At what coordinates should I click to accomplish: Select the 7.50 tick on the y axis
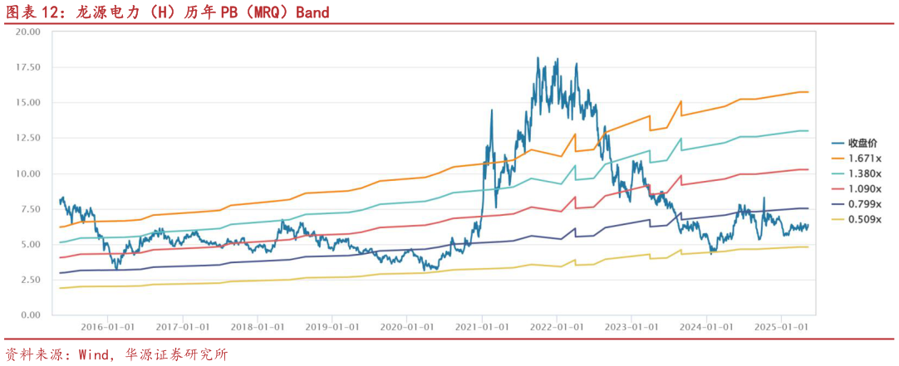click(31, 209)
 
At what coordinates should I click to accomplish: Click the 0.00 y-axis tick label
click(31, 315)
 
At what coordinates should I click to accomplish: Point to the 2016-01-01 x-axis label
click(106, 326)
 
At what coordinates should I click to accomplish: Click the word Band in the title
click(312, 12)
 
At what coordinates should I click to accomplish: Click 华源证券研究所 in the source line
click(175, 354)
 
